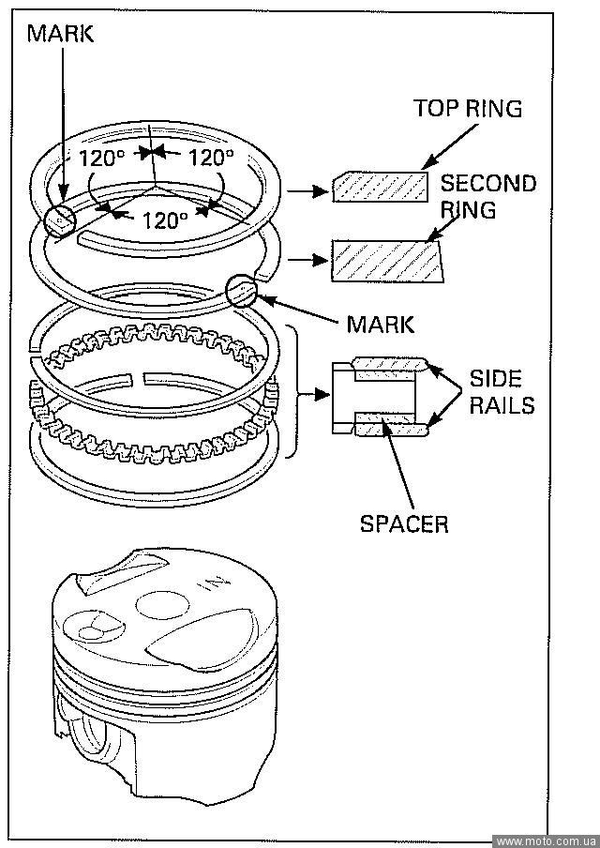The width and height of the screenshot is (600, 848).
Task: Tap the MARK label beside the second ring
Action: pyautogui.click(x=380, y=325)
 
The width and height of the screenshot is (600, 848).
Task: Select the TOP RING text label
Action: pyautogui.click(x=468, y=109)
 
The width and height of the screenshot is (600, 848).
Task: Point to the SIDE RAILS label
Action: pyautogui.click(x=502, y=392)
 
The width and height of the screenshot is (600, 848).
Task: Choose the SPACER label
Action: pyautogui.click(x=404, y=522)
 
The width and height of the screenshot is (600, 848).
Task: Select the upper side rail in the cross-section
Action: pyautogui.click(x=390, y=364)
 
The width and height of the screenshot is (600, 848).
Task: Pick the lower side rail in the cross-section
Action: pyautogui.click(x=390, y=429)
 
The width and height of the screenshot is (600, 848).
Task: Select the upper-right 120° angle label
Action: pyautogui.click(x=210, y=157)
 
